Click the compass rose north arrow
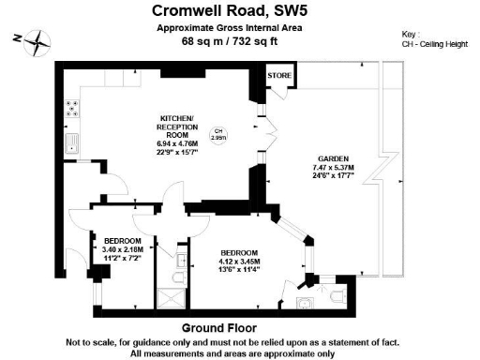coord(35,40)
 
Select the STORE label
coord(280,74)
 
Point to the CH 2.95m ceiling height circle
coord(219,134)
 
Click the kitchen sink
coord(71,142)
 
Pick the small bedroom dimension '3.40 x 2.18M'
coord(123,249)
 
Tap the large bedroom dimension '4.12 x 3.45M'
coord(239,262)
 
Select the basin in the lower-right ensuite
coord(305,302)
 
